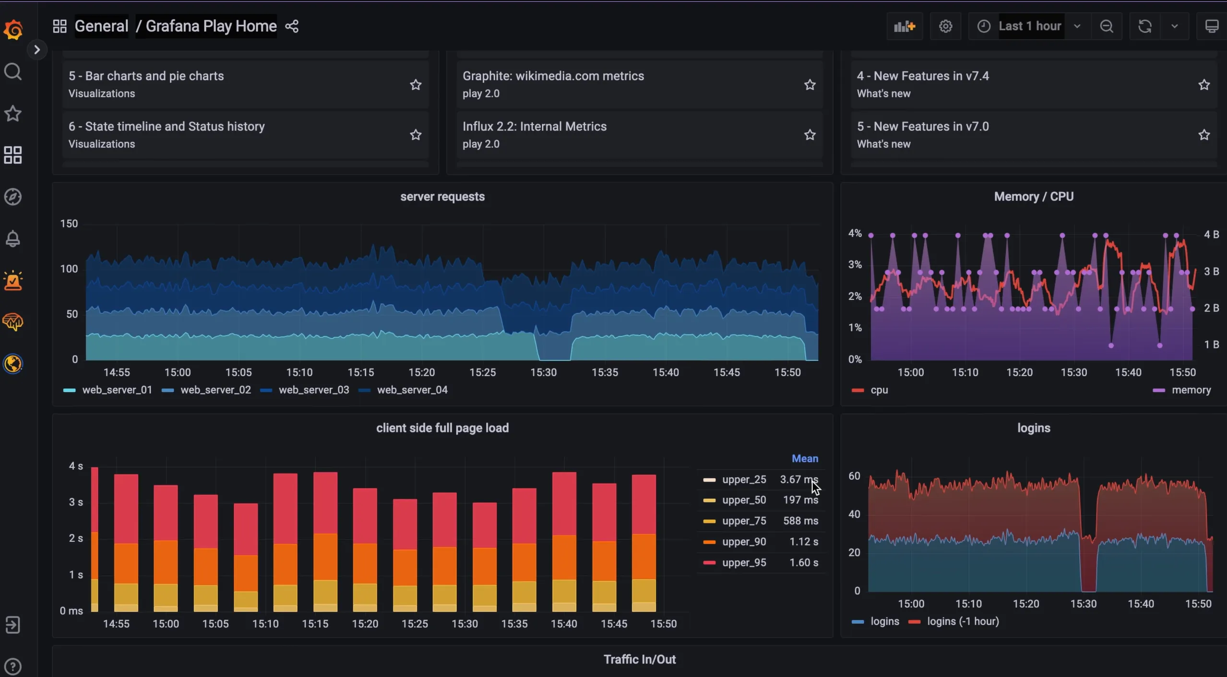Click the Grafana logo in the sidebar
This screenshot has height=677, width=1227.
point(13,30)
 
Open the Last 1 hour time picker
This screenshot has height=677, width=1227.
point(1030,26)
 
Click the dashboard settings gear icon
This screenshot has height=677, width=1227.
point(945,26)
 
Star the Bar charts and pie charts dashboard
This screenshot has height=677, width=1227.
point(416,85)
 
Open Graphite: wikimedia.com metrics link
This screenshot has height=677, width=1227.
point(553,76)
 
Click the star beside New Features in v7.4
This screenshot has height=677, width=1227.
point(1203,85)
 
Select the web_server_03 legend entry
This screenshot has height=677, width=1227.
point(313,390)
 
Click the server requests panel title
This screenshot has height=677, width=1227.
point(442,197)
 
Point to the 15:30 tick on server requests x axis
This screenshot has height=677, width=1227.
point(543,372)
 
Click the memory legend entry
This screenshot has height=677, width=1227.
point(1191,390)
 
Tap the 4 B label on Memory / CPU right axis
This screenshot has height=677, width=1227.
point(1211,235)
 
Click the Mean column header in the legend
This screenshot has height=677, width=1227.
point(805,459)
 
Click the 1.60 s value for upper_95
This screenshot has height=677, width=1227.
point(804,562)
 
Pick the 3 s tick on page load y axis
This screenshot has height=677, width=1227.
point(75,502)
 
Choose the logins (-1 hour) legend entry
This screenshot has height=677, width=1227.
point(963,621)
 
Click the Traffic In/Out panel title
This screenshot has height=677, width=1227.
point(639,659)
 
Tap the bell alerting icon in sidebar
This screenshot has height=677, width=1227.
point(13,238)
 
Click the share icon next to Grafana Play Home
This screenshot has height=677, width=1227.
point(292,26)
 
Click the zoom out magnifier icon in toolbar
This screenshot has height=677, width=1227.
point(1107,26)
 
